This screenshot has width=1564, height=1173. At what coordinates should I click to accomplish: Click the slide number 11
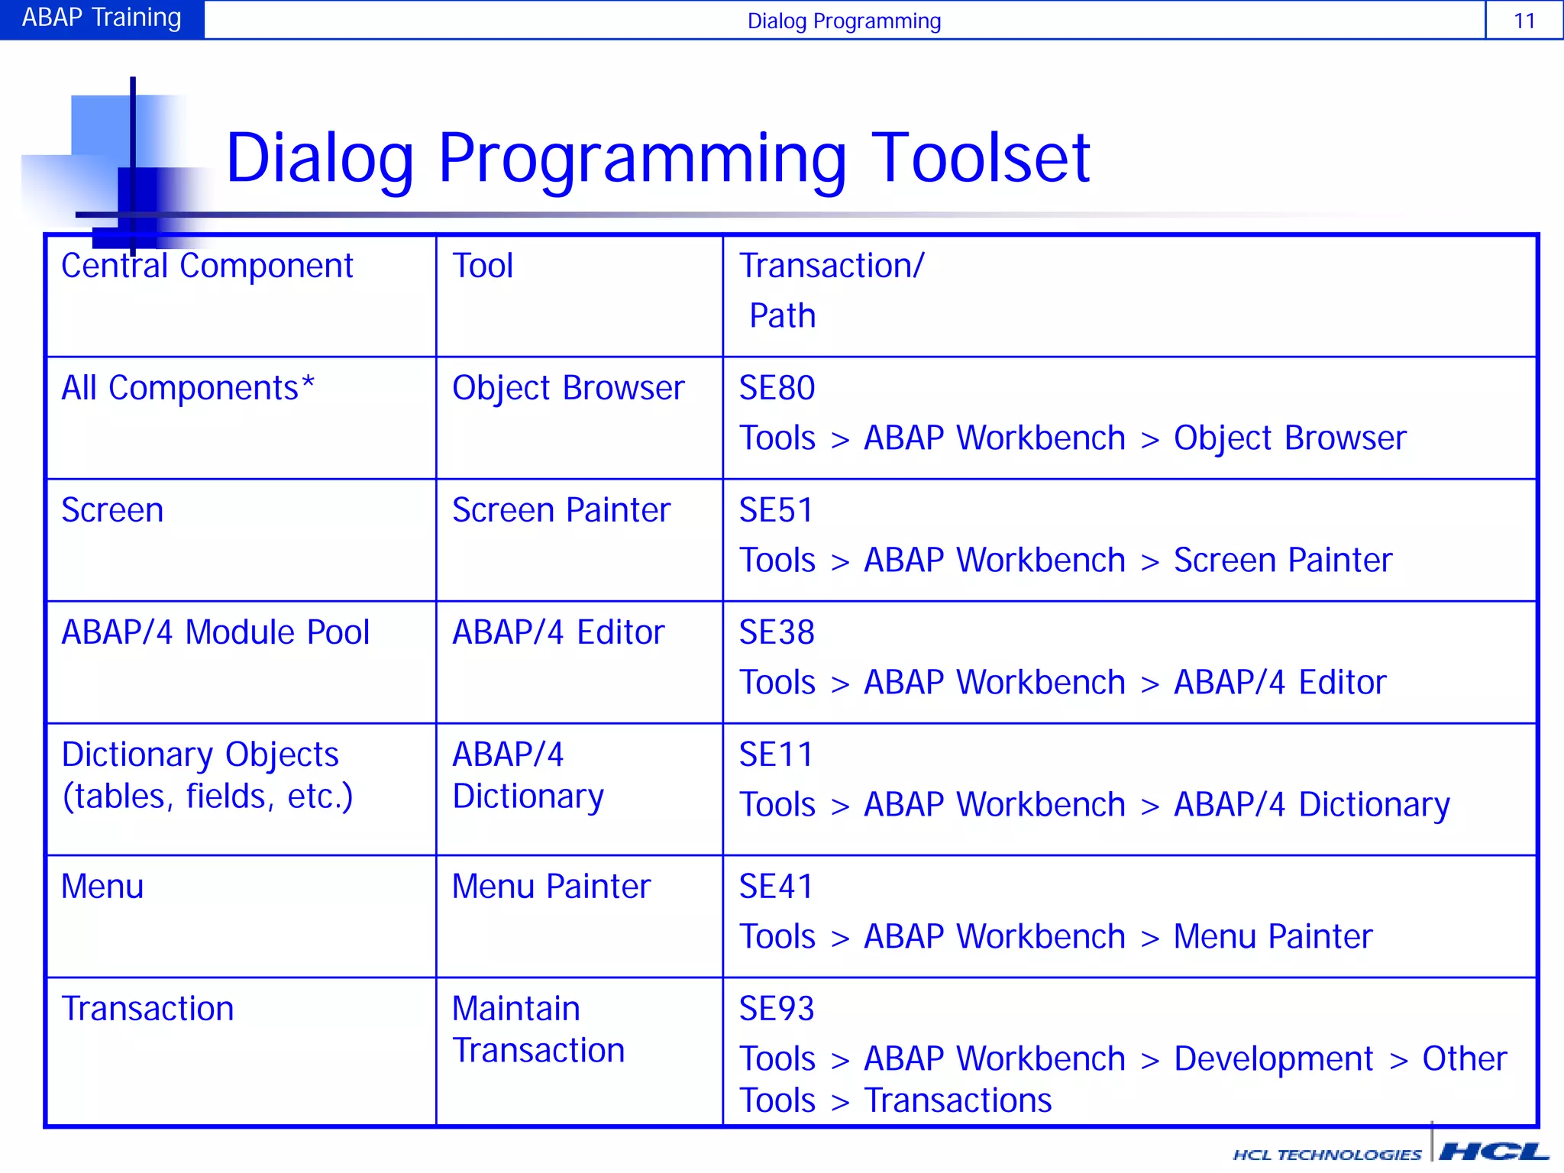[x=1524, y=21]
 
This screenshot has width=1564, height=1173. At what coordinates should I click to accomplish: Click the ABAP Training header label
[x=102, y=18]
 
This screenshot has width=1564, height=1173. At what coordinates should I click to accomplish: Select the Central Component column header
[x=207, y=266]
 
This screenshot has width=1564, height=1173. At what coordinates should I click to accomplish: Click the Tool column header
[x=483, y=266]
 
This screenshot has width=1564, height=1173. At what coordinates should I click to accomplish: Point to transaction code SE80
[x=777, y=388]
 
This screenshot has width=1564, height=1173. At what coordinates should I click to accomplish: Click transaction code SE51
[x=776, y=510]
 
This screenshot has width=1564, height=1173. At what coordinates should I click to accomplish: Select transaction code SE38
[x=777, y=632]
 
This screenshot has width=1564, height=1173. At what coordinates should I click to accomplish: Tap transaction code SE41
[x=776, y=887]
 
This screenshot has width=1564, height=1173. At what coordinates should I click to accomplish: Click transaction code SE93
[x=777, y=1009]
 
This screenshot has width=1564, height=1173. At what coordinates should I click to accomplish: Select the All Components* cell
[x=188, y=388]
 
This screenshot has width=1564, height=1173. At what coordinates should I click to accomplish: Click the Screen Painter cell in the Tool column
[x=561, y=510]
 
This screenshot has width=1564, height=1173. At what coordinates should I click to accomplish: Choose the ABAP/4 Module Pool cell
[x=215, y=632]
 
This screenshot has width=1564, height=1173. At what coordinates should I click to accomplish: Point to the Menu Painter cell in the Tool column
[x=551, y=887]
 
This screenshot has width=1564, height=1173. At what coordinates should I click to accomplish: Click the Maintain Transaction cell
[x=538, y=1029]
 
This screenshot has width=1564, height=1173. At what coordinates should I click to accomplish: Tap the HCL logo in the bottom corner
[x=1493, y=1152]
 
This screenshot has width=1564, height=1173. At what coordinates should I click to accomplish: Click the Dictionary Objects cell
[x=206, y=775]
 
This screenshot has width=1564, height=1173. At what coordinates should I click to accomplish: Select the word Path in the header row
[x=782, y=315]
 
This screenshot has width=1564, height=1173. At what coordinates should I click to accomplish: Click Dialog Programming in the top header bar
[x=844, y=21]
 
